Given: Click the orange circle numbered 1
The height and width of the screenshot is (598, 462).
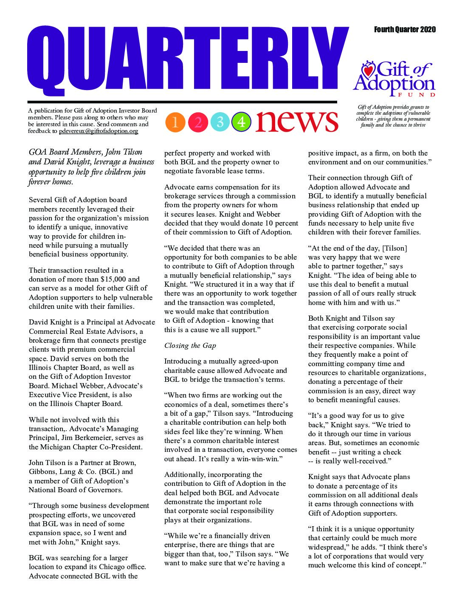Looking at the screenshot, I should (175, 122).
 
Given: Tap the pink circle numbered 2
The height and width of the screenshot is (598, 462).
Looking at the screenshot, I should (198, 122).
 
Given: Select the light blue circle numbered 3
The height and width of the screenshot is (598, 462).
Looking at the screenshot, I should (220, 122).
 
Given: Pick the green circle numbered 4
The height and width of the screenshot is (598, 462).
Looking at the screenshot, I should (241, 122).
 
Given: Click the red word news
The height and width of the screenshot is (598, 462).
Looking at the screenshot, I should (297, 121).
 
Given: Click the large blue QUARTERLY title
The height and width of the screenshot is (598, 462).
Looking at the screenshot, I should (187, 62).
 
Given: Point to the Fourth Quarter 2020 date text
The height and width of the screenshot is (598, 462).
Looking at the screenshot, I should (405, 29).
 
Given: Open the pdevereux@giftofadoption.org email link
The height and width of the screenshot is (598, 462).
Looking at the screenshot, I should (99, 131).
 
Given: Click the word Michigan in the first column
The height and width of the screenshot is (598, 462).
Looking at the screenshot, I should (55, 447).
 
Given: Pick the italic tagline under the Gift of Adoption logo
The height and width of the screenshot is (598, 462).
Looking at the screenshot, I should (393, 116).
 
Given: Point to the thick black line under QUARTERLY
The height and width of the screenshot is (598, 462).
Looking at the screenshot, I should (182, 102).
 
